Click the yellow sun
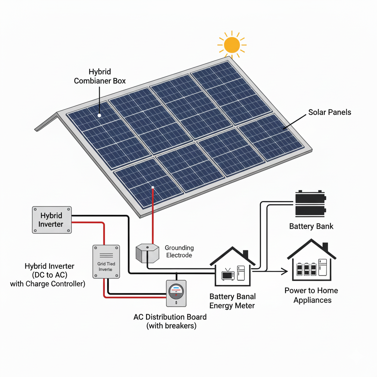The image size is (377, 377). (232, 45)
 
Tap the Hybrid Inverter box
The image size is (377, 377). (52, 220)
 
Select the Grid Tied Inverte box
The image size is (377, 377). (106, 261)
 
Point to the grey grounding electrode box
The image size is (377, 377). (147, 252)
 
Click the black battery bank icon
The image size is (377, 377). (310, 203)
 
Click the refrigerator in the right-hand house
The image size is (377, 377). (323, 267)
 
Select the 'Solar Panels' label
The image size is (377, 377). (330, 112)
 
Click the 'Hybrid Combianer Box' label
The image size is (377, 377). (100, 76)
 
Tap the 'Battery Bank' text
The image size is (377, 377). (311, 226)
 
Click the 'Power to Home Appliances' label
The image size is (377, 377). (311, 295)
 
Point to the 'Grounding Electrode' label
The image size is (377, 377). (179, 251)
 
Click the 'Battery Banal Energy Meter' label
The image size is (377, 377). (232, 301)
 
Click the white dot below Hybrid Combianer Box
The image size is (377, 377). (99, 115)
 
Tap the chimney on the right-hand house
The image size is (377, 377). (325, 247)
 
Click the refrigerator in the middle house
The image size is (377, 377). (241, 273)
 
